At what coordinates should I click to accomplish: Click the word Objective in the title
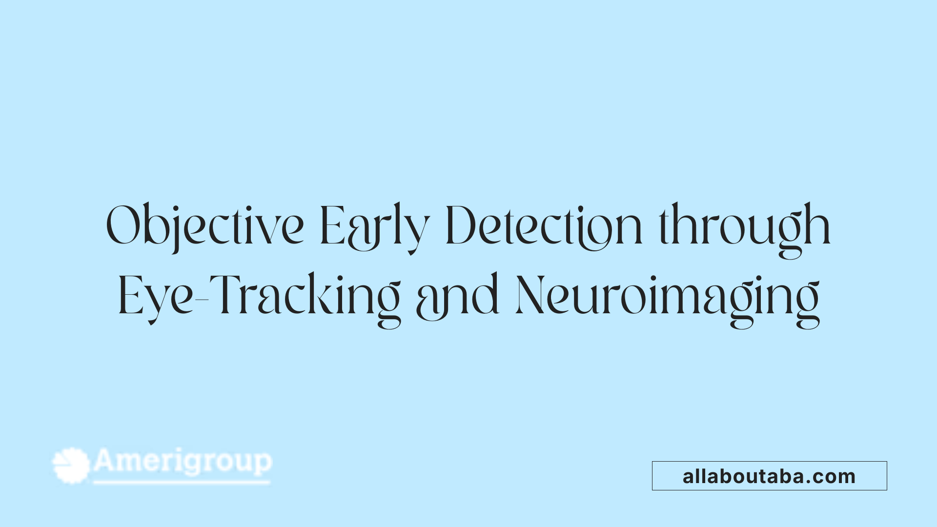pos(205,225)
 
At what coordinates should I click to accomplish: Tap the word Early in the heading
pos(374,225)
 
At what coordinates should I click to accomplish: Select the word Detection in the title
pos(544,225)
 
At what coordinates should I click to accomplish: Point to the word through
pos(745,225)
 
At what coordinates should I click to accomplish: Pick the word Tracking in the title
pos(307,296)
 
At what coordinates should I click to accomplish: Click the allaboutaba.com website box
pos(769,476)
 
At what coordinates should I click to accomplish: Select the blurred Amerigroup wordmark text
pos(183,462)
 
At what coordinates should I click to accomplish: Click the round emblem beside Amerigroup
pos(71,465)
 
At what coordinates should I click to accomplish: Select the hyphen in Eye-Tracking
pos(202,299)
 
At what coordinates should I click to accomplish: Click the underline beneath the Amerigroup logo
pos(182,483)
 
